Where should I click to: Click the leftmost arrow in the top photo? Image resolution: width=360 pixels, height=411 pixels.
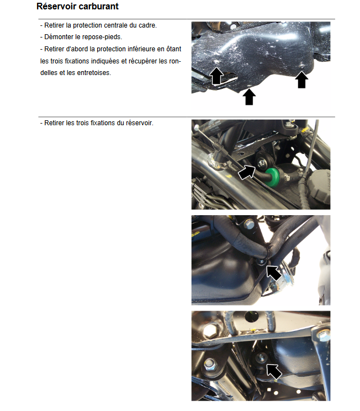(x=216, y=76)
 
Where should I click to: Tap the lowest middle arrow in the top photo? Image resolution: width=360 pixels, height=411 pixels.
(x=249, y=97)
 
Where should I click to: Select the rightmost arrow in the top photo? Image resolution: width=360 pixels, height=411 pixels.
(x=301, y=80)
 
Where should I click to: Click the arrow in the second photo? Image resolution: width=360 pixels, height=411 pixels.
(x=246, y=172)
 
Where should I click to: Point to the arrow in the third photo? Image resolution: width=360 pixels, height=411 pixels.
(x=274, y=273)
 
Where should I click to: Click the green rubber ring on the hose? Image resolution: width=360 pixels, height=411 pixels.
(x=273, y=177)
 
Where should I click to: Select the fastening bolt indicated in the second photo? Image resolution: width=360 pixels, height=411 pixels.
(x=262, y=163)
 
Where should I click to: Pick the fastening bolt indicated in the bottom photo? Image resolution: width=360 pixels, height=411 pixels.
(x=261, y=358)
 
